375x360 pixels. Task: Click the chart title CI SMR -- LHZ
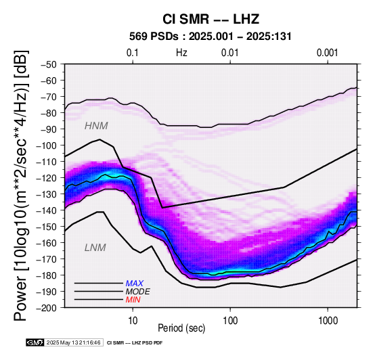tap(211, 19)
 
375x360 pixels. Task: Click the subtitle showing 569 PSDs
tap(211, 37)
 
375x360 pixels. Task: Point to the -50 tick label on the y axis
tap(48, 64)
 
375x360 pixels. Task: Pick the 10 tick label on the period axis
tap(133, 321)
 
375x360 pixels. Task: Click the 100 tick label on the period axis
tap(230, 321)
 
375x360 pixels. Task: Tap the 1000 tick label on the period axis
tap(328, 321)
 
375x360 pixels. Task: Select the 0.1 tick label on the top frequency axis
tap(133, 53)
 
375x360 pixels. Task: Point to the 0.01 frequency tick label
tap(230, 53)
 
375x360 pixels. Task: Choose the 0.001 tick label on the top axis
tap(327, 53)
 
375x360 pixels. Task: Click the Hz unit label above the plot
tap(181, 53)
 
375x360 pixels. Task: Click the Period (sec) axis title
tap(181, 328)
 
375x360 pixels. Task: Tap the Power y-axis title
tap(20, 185)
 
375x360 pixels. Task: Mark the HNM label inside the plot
tap(96, 126)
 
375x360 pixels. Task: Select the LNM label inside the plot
tap(95, 248)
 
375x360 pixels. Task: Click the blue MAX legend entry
tap(134, 284)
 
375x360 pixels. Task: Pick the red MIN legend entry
tap(133, 300)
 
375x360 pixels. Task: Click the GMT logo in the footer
tap(35, 343)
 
